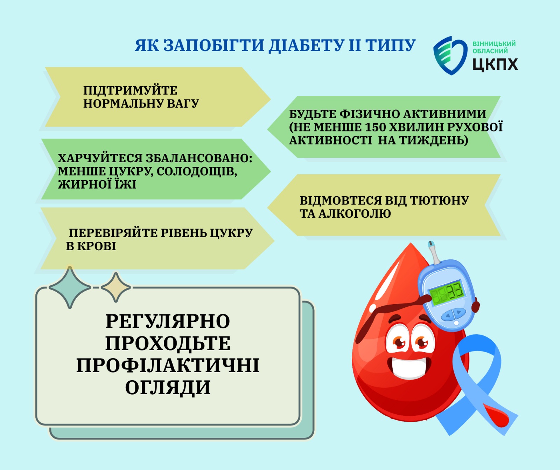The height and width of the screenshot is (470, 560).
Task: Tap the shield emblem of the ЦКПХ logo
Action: tap(450, 55)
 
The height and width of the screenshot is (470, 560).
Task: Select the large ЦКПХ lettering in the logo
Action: tap(495, 64)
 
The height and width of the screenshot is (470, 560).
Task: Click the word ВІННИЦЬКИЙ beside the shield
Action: tap(494, 44)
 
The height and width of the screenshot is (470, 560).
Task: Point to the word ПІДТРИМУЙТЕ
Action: tap(130, 90)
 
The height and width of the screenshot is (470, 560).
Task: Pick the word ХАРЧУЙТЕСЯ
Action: tap(100, 158)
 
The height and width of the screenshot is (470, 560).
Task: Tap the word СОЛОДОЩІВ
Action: tap(197, 172)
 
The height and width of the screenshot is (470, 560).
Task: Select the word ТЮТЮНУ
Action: tap(439, 200)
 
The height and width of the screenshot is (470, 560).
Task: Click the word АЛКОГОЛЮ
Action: tap(355, 213)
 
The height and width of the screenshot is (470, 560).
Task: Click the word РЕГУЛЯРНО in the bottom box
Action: tap(168, 321)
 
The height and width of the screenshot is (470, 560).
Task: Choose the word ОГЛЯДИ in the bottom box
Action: tap(168, 387)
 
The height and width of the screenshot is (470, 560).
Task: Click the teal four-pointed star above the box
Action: tap(70, 287)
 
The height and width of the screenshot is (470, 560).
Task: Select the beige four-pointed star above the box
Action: tap(116, 287)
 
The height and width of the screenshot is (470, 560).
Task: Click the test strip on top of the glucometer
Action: tap(434, 252)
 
